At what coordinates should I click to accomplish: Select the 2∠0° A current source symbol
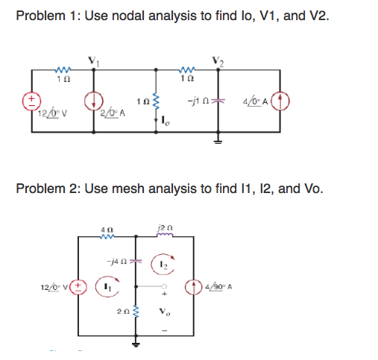click(93, 99)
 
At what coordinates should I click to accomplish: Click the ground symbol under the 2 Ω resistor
click(136, 345)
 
